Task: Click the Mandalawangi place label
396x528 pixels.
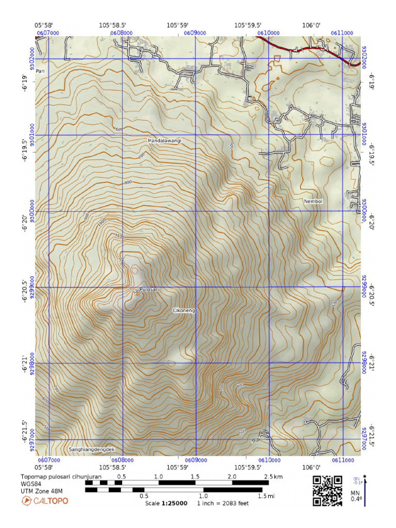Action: click(x=164, y=140)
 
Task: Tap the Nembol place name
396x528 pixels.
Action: click(x=312, y=202)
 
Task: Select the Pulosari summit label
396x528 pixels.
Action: click(x=148, y=290)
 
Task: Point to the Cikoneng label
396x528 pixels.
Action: click(x=184, y=310)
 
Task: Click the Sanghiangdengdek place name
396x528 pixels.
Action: click(x=91, y=450)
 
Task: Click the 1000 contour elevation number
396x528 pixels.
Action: click(x=102, y=221)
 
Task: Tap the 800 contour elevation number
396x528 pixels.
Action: click(x=128, y=183)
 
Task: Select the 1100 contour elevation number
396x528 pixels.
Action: click(x=120, y=236)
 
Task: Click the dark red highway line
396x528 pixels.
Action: click(x=309, y=49)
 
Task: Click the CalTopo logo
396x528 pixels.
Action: click(x=44, y=501)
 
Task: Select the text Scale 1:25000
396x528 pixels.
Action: click(x=166, y=503)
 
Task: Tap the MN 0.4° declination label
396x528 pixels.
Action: click(x=356, y=496)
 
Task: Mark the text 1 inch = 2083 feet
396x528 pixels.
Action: click(x=223, y=503)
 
